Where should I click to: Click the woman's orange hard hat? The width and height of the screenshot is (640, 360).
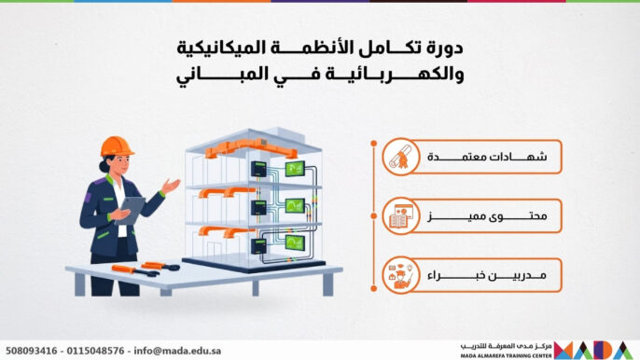117,145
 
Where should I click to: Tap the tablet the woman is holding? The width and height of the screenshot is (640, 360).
132,207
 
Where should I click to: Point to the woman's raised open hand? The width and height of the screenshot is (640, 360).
170,187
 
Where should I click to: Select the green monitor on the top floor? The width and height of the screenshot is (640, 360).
295,169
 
